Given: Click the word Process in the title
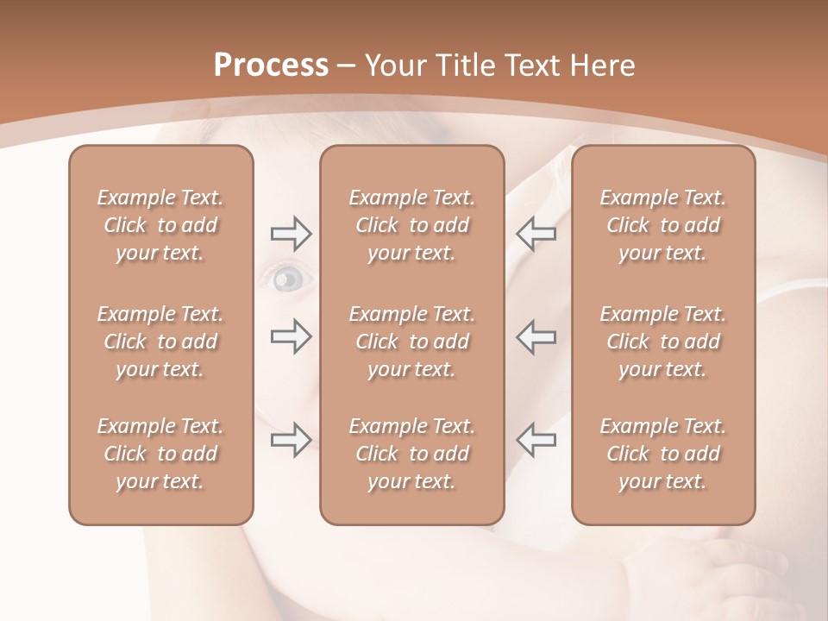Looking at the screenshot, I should click(271, 66).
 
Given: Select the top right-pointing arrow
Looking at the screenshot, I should click(291, 233).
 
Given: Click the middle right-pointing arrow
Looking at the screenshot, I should click(291, 336).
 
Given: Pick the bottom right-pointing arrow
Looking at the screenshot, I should click(291, 440).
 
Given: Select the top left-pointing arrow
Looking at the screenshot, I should click(536, 233).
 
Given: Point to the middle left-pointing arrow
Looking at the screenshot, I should click(536, 336).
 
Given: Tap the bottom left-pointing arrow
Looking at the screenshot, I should click(536, 440).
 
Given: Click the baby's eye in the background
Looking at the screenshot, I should click(288, 278).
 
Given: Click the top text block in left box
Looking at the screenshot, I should click(160, 225).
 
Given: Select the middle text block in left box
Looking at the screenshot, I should click(160, 342).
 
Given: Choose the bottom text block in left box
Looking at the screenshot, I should click(160, 454).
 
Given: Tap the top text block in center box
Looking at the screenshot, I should click(412, 225).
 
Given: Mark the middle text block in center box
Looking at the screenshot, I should click(412, 342).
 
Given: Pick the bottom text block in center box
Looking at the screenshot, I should click(412, 454).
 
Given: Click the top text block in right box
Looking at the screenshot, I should click(663, 225).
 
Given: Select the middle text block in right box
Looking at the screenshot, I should click(663, 342).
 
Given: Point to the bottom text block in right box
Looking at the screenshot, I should click(663, 454).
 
